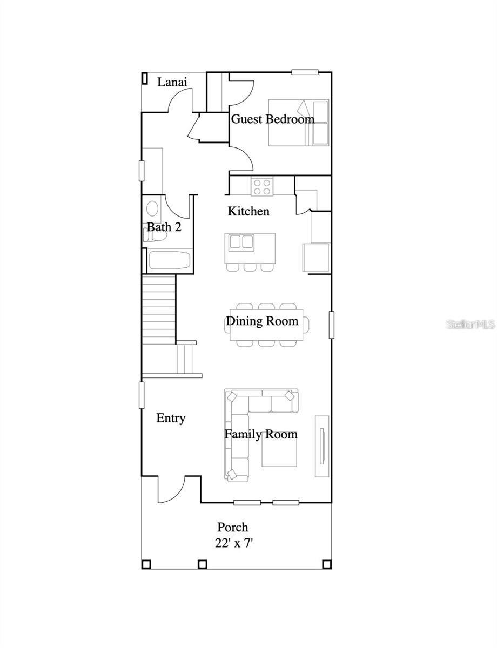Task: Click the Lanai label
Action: tap(172, 82)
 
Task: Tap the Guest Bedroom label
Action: tap(273, 119)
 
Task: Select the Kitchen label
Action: tap(249, 211)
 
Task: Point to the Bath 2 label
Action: tap(164, 227)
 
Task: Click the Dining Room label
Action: tap(262, 321)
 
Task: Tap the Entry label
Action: tap(171, 418)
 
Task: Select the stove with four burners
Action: tap(263, 187)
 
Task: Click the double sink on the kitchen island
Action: tap(241, 241)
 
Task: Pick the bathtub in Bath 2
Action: tap(169, 261)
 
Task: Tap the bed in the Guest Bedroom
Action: tap(298, 123)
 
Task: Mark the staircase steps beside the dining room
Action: tap(159, 308)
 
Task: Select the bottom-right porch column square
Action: tap(326, 564)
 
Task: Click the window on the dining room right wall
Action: tap(331, 325)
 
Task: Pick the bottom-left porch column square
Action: tap(146, 564)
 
